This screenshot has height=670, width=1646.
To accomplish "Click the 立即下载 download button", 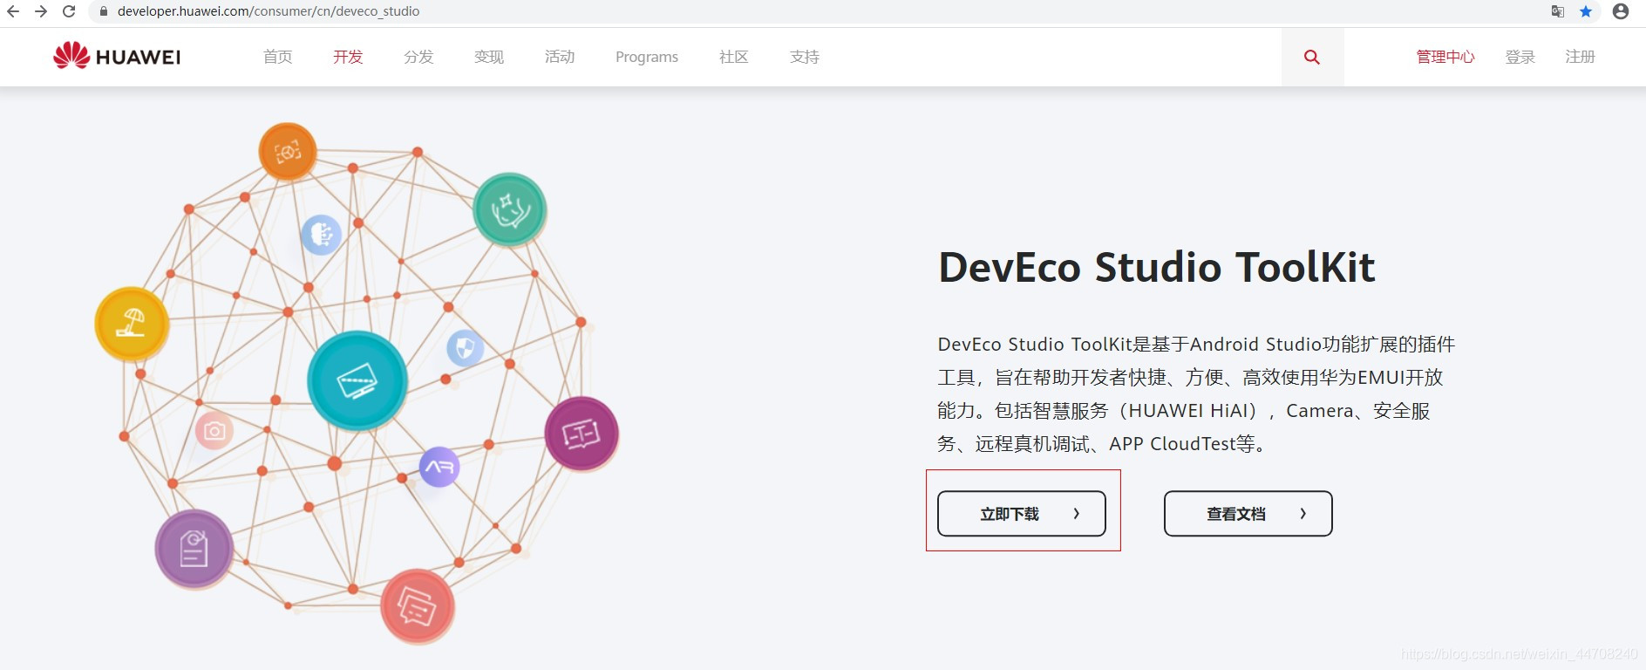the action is click(1021, 514).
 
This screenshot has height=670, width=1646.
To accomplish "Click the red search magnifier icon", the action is click(1311, 58).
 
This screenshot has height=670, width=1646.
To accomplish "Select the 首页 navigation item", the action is click(277, 58).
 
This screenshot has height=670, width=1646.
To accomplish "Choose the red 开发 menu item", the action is click(348, 58).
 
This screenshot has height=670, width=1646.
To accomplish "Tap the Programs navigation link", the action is click(646, 58).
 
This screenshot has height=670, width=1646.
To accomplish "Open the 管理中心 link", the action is click(1445, 58).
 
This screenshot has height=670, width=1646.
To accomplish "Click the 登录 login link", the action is click(1520, 58).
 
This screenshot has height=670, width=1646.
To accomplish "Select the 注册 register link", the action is click(1580, 58).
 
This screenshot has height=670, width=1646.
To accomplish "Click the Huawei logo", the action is click(117, 57).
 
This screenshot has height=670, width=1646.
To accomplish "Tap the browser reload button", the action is click(69, 11).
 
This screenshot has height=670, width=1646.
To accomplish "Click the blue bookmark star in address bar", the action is click(1586, 11).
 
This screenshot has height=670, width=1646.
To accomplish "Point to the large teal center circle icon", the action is click(357, 380).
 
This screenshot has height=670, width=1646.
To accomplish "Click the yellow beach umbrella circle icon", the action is click(132, 324).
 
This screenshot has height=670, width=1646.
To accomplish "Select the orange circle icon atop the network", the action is click(287, 152).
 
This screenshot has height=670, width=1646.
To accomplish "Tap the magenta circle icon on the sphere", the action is click(582, 434).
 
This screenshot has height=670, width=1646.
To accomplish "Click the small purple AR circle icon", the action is click(439, 468).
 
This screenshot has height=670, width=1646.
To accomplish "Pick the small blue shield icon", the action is click(465, 349).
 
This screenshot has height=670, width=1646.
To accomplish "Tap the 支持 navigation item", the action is click(804, 58).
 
